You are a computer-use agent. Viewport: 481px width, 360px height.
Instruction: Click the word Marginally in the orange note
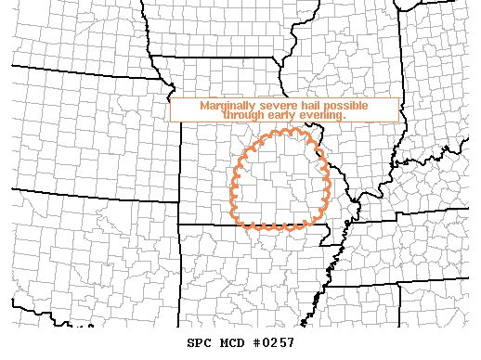228,106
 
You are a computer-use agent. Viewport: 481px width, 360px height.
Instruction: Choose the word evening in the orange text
322,116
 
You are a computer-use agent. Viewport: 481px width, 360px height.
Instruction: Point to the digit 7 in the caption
292,343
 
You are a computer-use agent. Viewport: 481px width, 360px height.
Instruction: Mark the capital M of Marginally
204,106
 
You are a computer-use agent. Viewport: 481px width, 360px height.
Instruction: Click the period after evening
345,118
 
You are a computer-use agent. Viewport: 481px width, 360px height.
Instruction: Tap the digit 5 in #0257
284,343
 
